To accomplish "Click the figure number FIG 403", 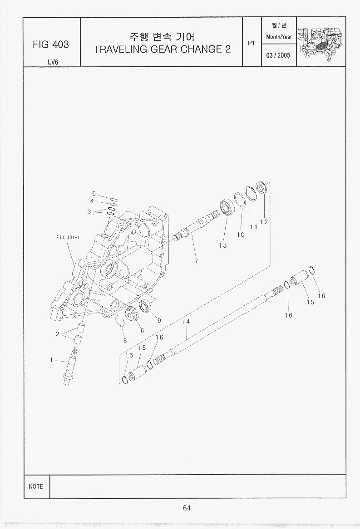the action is pyautogui.click(x=51, y=44).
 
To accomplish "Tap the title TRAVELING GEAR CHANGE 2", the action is pyautogui.click(x=162, y=49).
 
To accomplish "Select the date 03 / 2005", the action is pyautogui.click(x=278, y=55).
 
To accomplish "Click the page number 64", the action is pyautogui.click(x=187, y=508).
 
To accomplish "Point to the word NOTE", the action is pyautogui.click(x=36, y=486).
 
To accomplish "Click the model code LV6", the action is pyautogui.click(x=53, y=62).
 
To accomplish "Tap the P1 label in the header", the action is pyautogui.click(x=251, y=43).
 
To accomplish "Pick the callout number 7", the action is pyautogui.click(x=196, y=261).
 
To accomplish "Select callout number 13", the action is pyautogui.click(x=223, y=245).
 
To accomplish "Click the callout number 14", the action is pyautogui.click(x=186, y=322).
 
